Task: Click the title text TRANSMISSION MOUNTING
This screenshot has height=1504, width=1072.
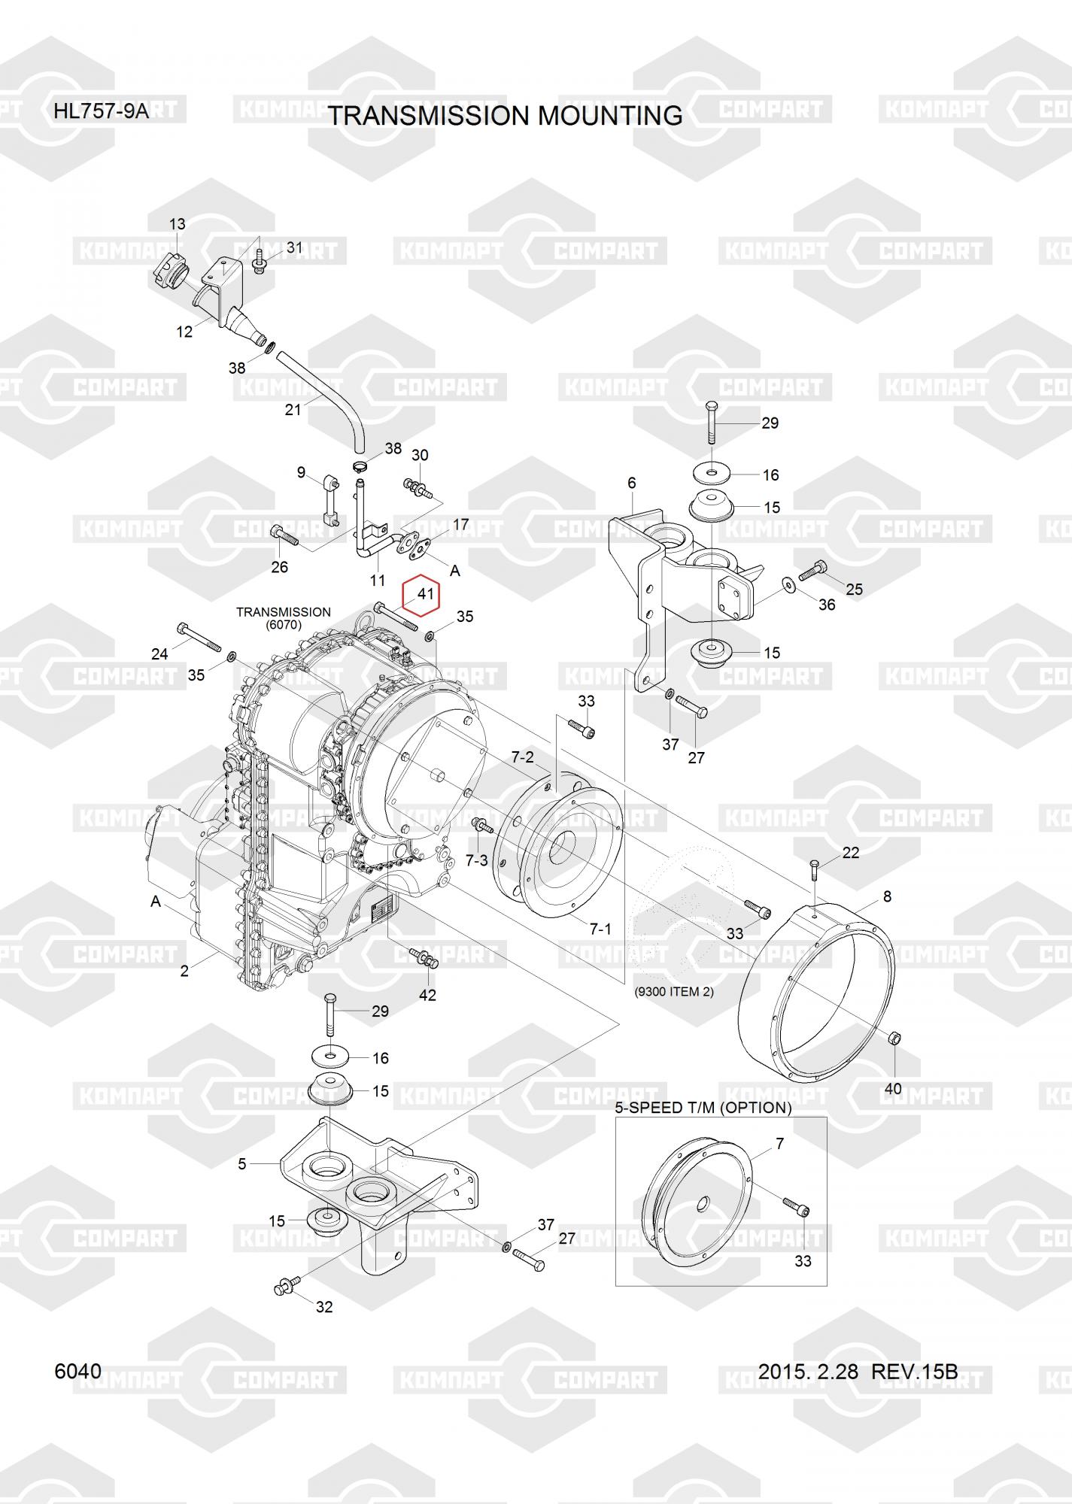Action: pos(506,116)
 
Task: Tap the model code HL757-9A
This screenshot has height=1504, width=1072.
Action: pos(101,112)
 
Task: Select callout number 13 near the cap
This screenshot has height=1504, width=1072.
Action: pos(177,224)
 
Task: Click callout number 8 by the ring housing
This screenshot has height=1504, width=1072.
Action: pos(888,896)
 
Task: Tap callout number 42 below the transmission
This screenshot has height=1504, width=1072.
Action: pos(427,995)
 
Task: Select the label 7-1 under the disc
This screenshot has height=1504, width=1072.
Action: pos(600,929)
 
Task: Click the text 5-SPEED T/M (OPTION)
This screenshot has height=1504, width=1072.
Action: pos(703,1108)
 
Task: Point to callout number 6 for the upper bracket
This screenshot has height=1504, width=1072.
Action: pos(632,483)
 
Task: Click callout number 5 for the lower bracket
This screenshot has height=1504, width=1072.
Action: pos(242,1164)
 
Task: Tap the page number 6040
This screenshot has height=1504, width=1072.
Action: pos(78,1372)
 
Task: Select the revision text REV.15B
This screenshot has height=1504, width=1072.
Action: pos(914,1372)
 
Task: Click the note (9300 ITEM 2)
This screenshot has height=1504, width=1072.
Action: pos(674,992)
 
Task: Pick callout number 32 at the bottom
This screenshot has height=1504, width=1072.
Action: pos(324,1307)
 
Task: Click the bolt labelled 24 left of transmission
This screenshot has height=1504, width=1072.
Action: pos(198,636)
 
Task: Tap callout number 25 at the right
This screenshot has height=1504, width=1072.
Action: pos(854,589)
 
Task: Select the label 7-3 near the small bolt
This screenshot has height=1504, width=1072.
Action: pos(477,860)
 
